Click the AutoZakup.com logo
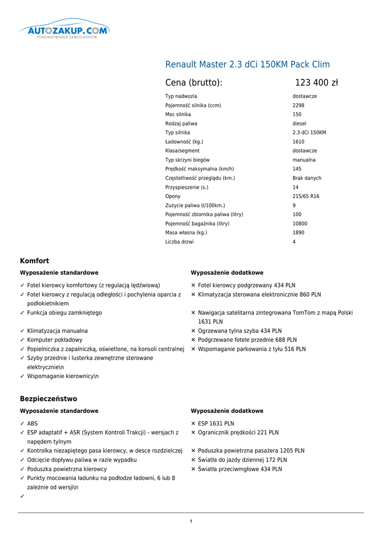click(64, 30)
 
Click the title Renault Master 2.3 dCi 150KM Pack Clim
click(247, 64)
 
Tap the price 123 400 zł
click(316, 83)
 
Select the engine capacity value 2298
click(298, 105)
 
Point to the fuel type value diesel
click(299, 123)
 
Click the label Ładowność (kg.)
click(184, 142)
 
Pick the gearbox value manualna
click(304, 160)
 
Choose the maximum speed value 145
click(297, 169)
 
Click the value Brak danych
click(307, 178)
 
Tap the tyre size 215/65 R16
click(306, 196)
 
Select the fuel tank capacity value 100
click(297, 215)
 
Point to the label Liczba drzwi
click(179, 242)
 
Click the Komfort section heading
click(34, 261)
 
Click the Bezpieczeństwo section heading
click(48, 399)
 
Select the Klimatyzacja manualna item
click(57, 331)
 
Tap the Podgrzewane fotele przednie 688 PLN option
click(247, 340)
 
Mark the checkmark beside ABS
click(22, 423)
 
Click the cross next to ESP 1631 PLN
click(193, 423)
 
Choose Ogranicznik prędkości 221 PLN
click(238, 432)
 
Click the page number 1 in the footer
click(191, 522)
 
